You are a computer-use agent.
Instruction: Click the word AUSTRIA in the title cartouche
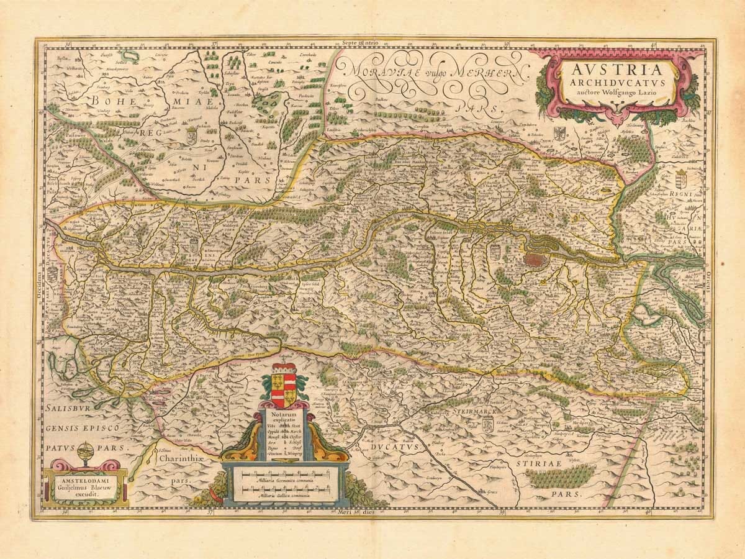(x=612, y=67)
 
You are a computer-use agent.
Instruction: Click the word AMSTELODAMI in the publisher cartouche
(x=86, y=480)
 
